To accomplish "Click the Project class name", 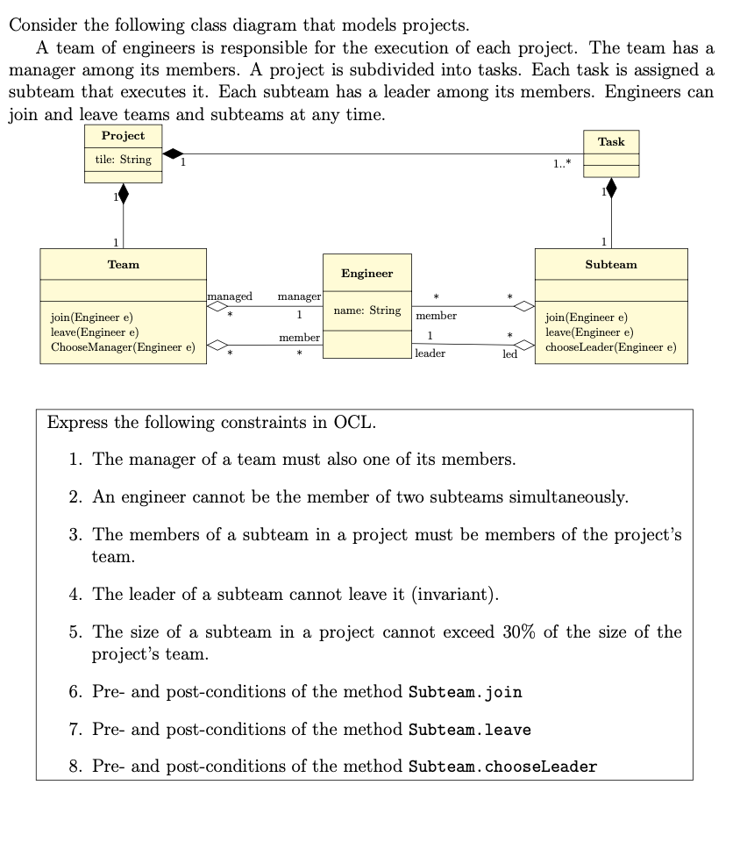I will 123,136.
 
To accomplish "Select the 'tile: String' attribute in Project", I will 123,160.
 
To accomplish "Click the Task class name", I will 611,141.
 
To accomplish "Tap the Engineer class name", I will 366,274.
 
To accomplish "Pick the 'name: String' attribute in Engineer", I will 366,310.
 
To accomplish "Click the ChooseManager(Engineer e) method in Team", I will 123,347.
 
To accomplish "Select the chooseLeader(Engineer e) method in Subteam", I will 610,347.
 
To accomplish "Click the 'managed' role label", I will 230,297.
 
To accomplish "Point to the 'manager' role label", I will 299,297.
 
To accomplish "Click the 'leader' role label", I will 430,353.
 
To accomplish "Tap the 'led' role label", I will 509,354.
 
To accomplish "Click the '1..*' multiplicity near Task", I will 562,164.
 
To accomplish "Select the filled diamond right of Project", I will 174,154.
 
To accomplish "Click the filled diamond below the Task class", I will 611,187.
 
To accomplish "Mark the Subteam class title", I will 611,264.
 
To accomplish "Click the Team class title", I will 123,264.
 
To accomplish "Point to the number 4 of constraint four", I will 74,595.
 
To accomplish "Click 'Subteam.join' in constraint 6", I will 466,692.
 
